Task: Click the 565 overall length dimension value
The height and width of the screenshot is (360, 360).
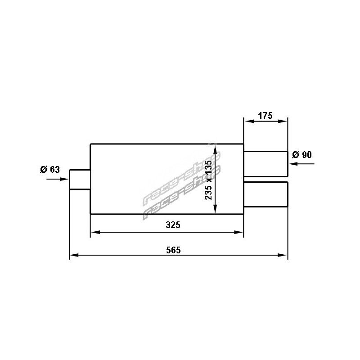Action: [x=173, y=250]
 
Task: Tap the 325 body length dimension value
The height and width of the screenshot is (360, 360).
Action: [x=173, y=225]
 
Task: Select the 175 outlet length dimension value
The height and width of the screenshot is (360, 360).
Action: [x=265, y=116]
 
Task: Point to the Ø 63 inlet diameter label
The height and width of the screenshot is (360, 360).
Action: [x=50, y=170]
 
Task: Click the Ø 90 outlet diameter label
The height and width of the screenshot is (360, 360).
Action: [x=302, y=155]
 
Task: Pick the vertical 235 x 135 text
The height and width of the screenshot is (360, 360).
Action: [x=208, y=180]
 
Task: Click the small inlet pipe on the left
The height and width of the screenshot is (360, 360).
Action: [x=80, y=180]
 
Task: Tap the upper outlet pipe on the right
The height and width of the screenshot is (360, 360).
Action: [x=265, y=164]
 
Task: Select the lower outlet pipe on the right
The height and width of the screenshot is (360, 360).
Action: [x=265, y=194]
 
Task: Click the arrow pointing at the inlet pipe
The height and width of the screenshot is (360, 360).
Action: [x=58, y=179]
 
